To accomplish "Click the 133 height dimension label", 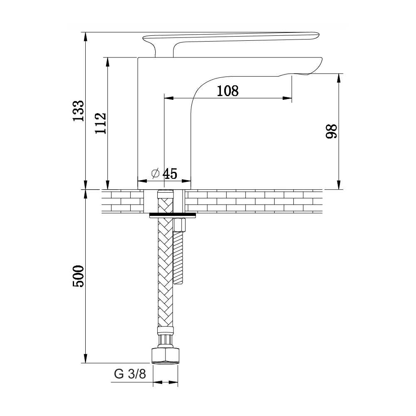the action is tap(78, 111).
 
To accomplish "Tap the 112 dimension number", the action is tap(101, 124).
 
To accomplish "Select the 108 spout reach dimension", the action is tap(228, 91).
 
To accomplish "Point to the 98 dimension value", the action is tap(332, 131).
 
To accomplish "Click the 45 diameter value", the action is tap(170, 174).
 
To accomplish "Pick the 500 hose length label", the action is tap(78, 276).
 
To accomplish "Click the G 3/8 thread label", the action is tap(130, 374).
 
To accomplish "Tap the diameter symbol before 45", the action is tap(155, 173).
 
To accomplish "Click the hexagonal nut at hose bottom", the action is tap(165, 356).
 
